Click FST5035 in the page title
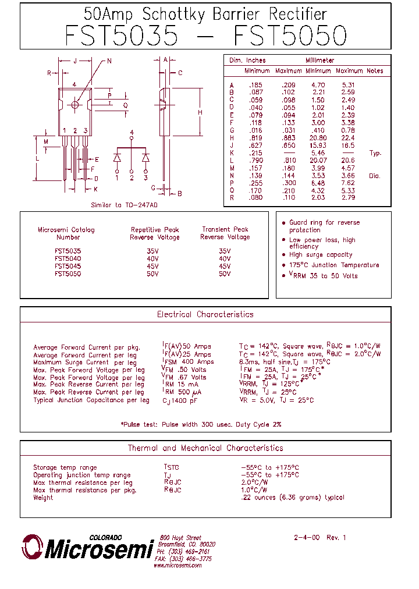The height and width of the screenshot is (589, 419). [121, 36]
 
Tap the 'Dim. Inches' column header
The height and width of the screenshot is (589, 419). [247, 61]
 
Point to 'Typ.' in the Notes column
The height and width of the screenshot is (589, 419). [375, 153]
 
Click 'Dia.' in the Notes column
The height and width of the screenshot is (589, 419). [374, 176]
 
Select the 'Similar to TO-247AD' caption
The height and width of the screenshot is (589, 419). [125, 205]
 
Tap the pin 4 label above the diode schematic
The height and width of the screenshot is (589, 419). [132, 133]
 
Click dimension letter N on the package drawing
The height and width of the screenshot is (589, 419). [109, 61]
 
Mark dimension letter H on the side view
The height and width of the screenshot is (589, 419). [199, 112]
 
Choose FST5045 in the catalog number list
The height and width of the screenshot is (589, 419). [68, 266]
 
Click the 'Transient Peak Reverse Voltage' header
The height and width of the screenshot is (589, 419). [225, 233]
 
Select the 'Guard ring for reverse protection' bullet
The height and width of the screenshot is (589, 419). [324, 226]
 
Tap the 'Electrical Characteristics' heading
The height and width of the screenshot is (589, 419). [205, 314]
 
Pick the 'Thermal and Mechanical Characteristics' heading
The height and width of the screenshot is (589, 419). [205, 448]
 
